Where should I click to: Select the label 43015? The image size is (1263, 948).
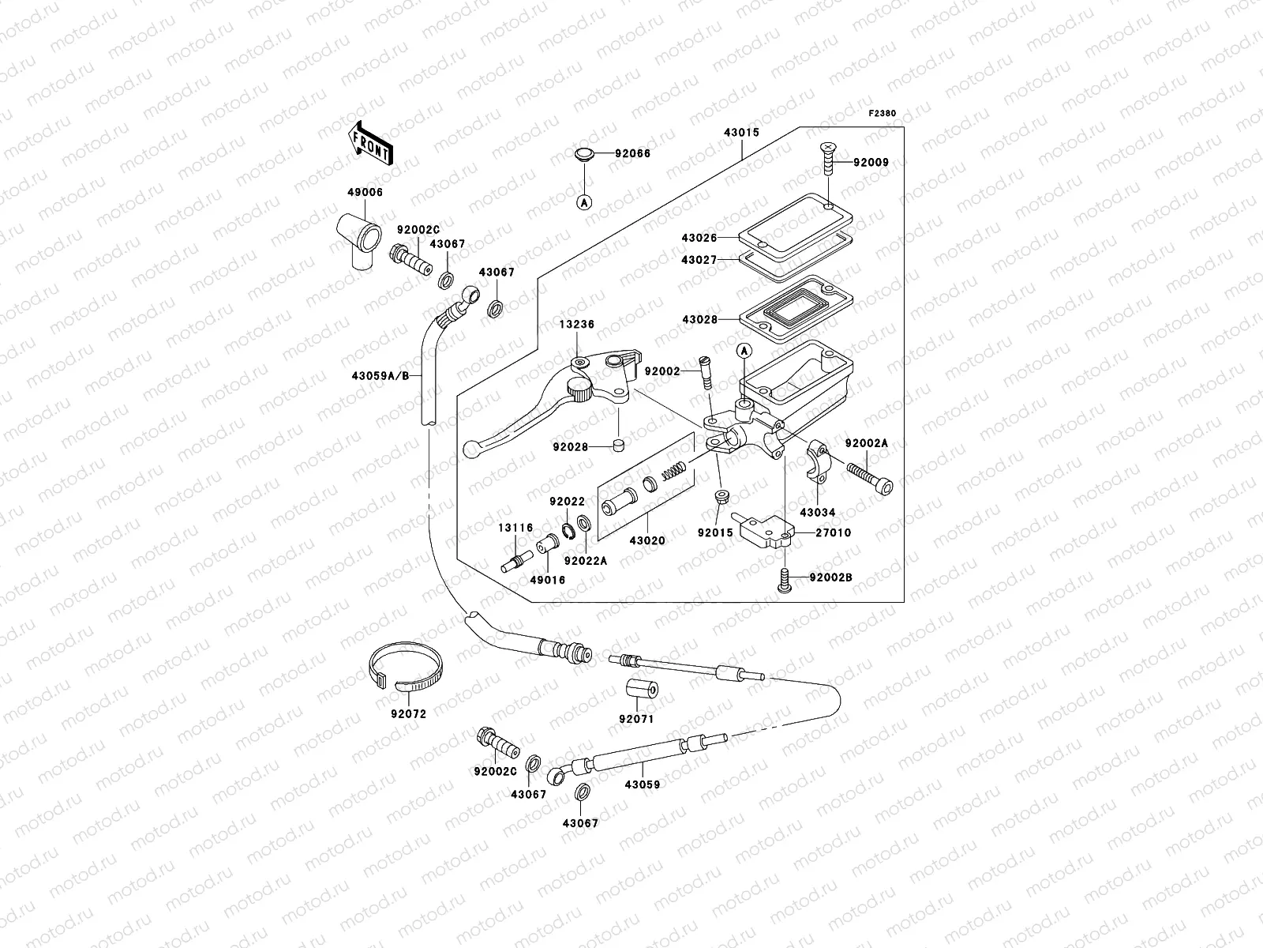point(741,133)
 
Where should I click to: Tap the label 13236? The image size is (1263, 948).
point(578,325)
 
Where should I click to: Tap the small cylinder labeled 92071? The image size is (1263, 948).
point(641,690)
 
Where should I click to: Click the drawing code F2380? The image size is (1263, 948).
point(883,114)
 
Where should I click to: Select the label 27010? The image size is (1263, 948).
point(834,533)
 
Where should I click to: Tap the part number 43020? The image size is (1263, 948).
point(647,541)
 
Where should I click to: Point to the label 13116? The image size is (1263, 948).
point(515,528)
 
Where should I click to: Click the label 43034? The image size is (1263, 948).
point(816,513)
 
